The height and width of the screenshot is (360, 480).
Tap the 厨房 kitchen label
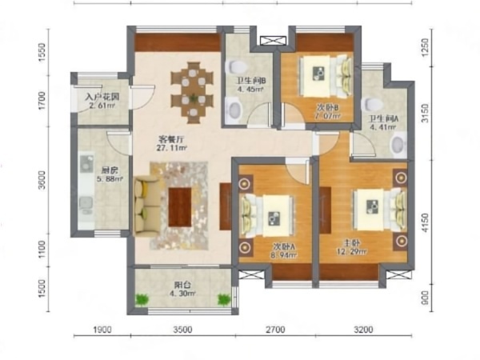(x=89, y=170)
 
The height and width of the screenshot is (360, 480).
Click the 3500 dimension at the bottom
(x=182, y=328)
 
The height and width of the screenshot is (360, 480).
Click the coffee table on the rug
(x=180, y=206)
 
